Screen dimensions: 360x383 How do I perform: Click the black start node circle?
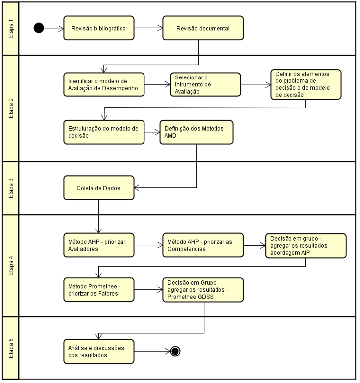[x=39, y=28]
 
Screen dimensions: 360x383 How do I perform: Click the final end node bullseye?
[x=175, y=351]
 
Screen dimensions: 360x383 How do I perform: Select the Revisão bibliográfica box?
[x=99, y=28]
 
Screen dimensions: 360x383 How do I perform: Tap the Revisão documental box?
[x=203, y=28]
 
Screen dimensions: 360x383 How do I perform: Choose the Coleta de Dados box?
[x=99, y=188]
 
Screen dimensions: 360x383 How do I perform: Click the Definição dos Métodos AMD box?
[x=197, y=132]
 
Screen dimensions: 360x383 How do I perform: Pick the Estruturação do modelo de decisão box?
[x=104, y=132]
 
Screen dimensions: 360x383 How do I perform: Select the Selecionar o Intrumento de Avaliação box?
[x=206, y=84]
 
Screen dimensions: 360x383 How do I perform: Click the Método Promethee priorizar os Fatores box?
[x=99, y=290]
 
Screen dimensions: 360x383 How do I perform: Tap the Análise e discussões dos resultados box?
[x=99, y=352]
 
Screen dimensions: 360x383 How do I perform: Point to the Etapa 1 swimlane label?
[x=11, y=29]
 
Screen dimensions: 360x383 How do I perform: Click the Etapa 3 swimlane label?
[x=11, y=188]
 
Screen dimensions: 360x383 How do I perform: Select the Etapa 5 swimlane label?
[x=11, y=348]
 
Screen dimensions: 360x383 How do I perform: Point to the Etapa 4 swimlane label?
[x=11, y=266]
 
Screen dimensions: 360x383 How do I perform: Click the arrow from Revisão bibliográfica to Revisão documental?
[x=148, y=28]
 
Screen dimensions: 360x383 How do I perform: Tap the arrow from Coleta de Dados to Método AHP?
[x=99, y=217]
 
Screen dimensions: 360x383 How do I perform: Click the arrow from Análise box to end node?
[x=152, y=352]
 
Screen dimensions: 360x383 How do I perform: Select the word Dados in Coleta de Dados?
[x=111, y=188]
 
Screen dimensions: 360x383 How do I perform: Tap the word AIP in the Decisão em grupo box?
[x=305, y=252]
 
